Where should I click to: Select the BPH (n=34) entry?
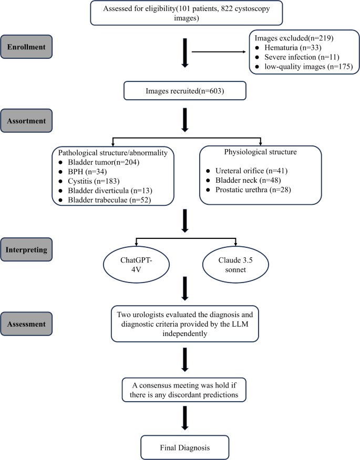click(x=85, y=172)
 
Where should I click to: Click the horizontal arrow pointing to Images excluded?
click(x=219, y=52)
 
